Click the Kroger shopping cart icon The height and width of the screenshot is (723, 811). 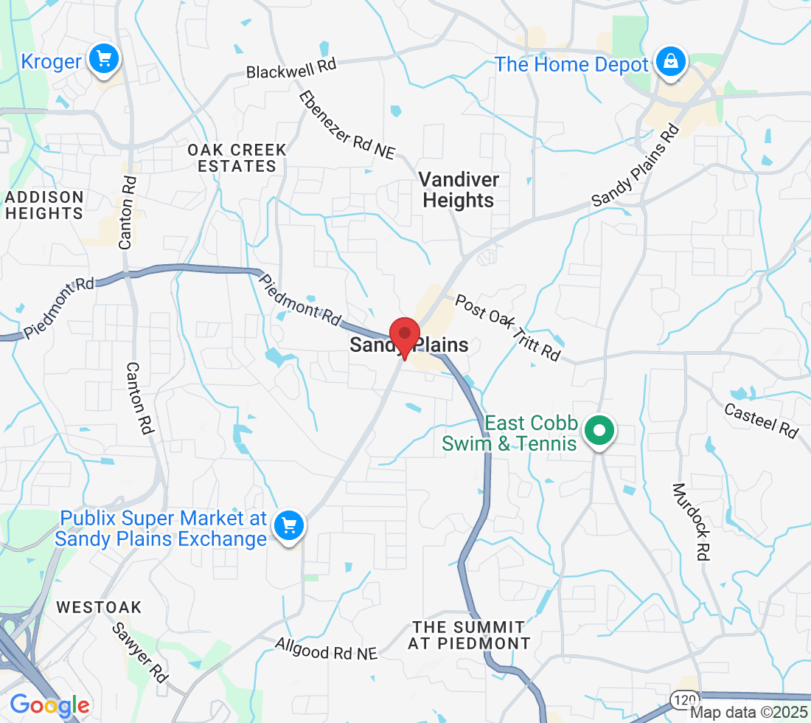(x=104, y=59)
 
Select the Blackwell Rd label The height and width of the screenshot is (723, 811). (x=291, y=69)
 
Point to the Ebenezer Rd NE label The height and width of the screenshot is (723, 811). (x=347, y=125)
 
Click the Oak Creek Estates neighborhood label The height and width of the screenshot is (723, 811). (x=237, y=158)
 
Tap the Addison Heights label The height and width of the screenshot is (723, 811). (x=44, y=205)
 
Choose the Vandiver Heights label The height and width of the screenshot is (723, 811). (x=458, y=190)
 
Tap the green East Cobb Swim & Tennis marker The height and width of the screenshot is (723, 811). (x=600, y=430)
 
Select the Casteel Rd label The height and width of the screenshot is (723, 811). (x=761, y=421)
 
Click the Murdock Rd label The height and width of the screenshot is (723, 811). (x=692, y=522)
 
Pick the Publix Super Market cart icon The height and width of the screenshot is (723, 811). (x=288, y=526)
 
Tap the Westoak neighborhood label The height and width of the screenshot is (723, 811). (x=99, y=608)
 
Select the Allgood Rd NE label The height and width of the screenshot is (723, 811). (x=326, y=648)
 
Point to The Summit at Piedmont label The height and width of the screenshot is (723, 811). (x=470, y=634)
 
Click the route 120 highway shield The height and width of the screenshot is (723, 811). (x=681, y=698)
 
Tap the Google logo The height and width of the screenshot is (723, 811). (x=49, y=705)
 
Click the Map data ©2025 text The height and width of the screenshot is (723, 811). (x=749, y=713)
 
